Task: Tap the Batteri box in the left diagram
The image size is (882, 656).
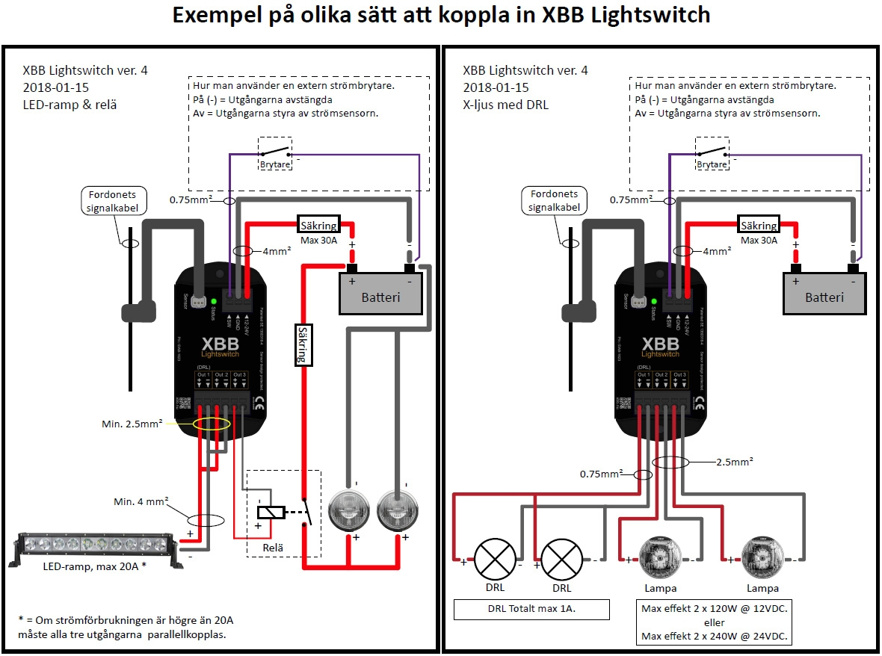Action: (380, 294)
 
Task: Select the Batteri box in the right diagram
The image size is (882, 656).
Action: (824, 294)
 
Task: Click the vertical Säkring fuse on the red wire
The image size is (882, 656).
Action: (302, 344)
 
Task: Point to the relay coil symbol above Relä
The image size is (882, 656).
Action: (270, 513)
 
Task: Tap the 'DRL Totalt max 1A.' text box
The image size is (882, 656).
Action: (531, 610)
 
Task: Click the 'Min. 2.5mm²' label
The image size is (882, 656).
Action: (132, 424)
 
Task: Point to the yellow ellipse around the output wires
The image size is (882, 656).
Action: (212, 424)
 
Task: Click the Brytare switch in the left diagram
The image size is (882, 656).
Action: (275, 154)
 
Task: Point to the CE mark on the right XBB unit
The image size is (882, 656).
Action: (700, 403)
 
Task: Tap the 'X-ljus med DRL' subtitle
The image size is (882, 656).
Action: (506, 105)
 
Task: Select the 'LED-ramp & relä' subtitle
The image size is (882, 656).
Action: (70, 105)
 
